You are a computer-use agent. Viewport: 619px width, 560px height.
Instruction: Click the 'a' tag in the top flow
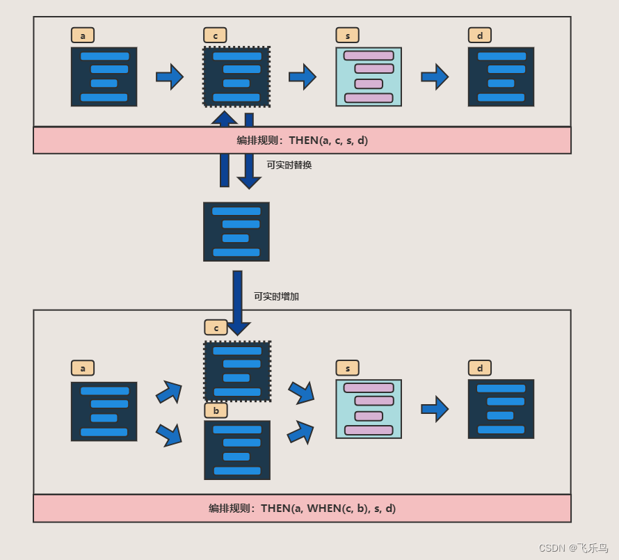click(83, 35)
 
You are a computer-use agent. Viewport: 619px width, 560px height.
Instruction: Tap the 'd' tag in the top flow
click(480, 35)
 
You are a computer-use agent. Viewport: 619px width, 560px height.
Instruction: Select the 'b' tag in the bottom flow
click(216, 410)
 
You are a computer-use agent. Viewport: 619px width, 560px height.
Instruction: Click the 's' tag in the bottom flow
click(347, 368)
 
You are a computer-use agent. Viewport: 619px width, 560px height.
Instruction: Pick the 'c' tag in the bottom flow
click(216, 328)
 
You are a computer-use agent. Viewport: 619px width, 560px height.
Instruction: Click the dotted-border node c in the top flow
click(236, 77)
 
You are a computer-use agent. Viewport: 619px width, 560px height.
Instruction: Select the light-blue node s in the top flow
click(369, 77)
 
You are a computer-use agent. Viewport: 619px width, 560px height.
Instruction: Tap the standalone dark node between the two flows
click(236, 232)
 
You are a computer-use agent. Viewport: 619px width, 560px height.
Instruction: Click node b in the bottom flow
click(237, 450)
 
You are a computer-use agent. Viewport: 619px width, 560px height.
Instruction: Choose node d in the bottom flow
click(501, 409)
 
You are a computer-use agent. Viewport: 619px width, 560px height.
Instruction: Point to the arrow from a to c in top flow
click(170, 77)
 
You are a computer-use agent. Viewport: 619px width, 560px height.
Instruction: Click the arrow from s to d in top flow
click(435, 77)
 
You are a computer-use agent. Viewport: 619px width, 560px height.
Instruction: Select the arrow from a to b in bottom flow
click(170, 435)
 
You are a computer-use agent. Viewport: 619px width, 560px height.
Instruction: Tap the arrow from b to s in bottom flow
click(300, 433)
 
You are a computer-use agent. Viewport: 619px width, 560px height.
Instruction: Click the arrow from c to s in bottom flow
click(301, 392)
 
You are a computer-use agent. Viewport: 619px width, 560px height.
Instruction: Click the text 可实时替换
click(289, 165)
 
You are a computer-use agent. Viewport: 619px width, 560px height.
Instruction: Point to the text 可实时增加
click(276, 296)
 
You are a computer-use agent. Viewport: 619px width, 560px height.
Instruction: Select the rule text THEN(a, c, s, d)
click(328, 141)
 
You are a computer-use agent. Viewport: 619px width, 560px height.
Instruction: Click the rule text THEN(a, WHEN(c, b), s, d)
click(328, 509)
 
